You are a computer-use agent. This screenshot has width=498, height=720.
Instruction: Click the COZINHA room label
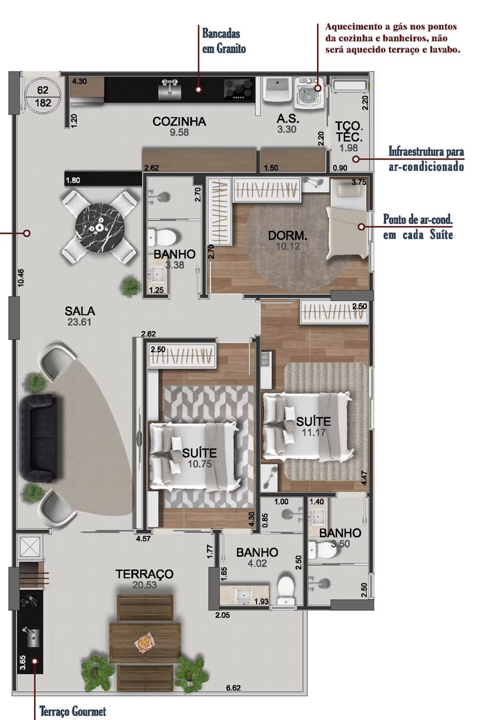pyautogui.click(x=179, y=121)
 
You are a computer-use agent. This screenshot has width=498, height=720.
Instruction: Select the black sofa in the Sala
pyautogui.click(x=38, y=437)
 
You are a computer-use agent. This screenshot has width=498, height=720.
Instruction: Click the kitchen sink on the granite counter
pyautogui.click(x=169, y=90)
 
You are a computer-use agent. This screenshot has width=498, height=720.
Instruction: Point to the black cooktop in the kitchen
pyautogui.click(x=239, y=89)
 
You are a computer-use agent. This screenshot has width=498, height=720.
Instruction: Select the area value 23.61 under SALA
pyautogui.click(x=79, y=322)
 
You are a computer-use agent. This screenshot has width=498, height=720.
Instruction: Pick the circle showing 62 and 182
pyautogui.click(x=43, y=96)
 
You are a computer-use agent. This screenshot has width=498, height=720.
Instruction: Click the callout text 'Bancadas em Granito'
pyautogui.click(x=224, y=41)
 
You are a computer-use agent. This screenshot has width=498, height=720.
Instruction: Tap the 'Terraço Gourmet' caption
pyautogui.click(x=73, y=711)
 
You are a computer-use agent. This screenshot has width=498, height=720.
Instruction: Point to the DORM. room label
pyautogui.click(x=288, y=235)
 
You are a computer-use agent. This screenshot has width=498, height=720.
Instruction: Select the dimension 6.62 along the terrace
pyautogui.click(x=233, y=688)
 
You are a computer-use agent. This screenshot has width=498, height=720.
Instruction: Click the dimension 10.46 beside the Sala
pyautogui.click(x=21, y=278)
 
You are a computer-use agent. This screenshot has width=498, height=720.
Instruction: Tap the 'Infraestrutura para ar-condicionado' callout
pyautogui.click(x=426, y=159)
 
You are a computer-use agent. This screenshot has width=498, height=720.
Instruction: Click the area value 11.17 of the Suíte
pyautogui.click(x=313, y=432)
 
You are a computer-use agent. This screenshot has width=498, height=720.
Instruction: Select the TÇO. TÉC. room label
pyautogui.click(x=349, y=131)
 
